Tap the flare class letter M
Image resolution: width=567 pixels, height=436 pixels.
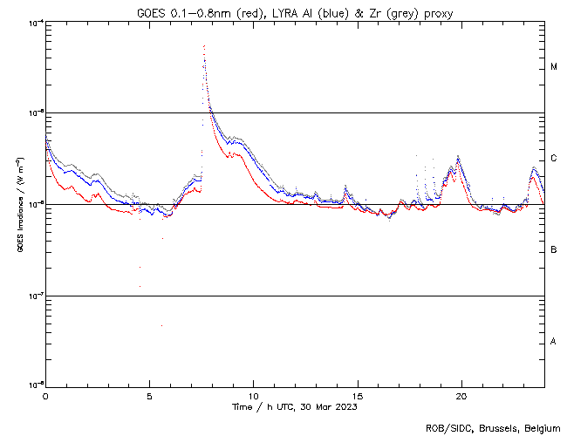coord(554,66)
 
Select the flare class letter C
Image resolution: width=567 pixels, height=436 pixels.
coord(554,158)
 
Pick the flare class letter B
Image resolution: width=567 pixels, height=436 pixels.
coord(554,250)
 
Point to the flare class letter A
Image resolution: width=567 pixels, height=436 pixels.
coord(554,341)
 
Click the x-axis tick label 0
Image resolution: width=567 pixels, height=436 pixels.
coord(45,395)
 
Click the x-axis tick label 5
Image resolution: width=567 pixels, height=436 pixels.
coord(149,395)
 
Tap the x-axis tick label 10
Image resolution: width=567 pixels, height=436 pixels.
coord(253,395)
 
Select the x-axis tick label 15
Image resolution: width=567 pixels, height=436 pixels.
coord(357,395)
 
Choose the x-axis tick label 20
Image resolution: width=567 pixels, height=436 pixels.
coord(461,395)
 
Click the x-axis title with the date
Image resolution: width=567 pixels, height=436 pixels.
coord(295,406)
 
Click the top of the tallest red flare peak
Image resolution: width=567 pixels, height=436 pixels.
coord(204,45)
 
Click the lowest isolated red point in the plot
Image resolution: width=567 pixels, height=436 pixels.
coord(161,325)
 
